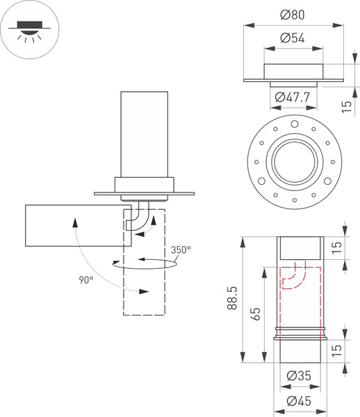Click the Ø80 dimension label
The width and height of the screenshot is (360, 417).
294,15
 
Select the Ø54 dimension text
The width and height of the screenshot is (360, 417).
293,38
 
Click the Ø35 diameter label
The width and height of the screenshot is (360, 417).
300,376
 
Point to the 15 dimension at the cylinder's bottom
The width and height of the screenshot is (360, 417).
347,350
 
